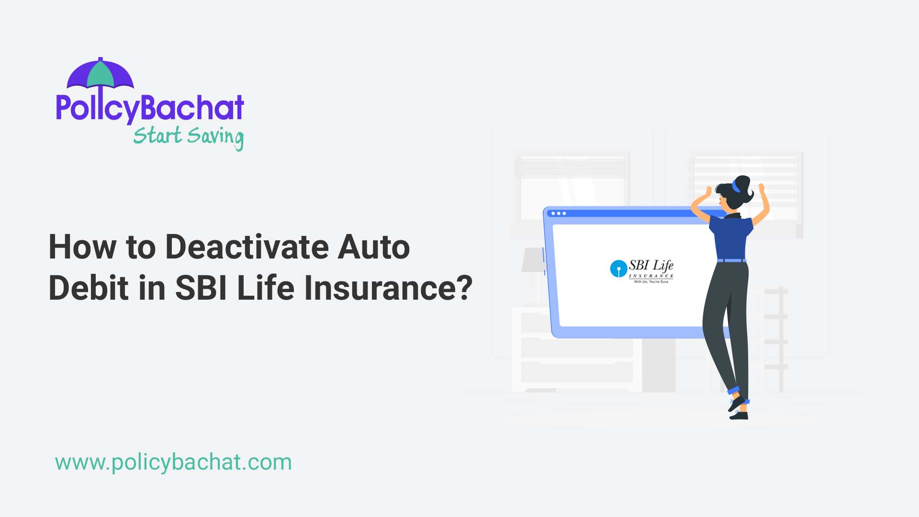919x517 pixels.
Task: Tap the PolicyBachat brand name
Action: click(x=150, y=107)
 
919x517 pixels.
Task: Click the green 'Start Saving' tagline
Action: click(x=188, y=136)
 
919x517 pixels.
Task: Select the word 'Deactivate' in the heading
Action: click(x=247, y=247)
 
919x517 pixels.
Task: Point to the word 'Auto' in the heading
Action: click(x=374, y=247)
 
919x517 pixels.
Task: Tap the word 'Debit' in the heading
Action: click(x=89, y=288)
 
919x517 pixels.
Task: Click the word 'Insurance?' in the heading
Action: click(x=388, y=288)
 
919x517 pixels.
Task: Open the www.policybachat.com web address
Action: click(x=173, y=462)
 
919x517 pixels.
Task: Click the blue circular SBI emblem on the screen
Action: click(x=618, y=269)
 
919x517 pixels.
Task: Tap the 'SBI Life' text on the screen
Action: click(x=651, y=265)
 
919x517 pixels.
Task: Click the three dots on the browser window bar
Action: click(x=559, y=214)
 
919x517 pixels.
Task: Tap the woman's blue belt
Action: click(x=732, y=261)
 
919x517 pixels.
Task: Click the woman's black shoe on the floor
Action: click(x=739, y=415)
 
